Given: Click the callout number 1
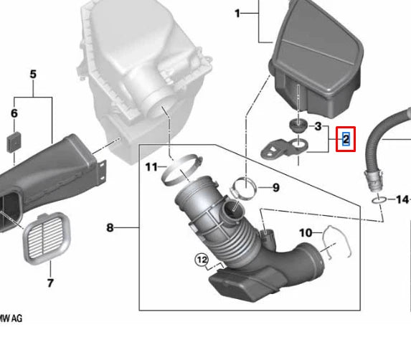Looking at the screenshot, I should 238,13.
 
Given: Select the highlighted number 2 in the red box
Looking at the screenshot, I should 345,138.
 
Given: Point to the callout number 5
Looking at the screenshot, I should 32,75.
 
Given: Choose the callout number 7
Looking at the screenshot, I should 50,283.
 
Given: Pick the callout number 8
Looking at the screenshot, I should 110,228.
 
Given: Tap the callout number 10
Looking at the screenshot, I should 306,232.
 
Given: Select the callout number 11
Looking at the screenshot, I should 151,167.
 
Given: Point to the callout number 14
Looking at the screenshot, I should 402,199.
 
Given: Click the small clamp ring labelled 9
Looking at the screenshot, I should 243,189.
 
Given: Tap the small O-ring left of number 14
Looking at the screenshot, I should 379,198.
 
